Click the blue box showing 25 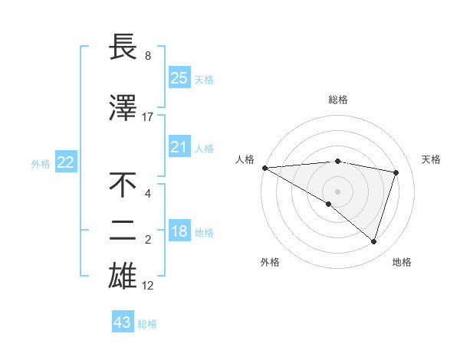[x=179, y=78]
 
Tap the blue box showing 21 [x=179, y=147]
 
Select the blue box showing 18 [x=179, y=232]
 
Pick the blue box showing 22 [x=65, y=162]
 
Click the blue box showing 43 [x=122, y=322]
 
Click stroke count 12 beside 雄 [x=148, y=286]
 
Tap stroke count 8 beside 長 [x=148, y=56]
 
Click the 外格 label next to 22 [x=41, y=163]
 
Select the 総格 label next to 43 [x=147, y=324]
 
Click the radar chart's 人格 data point [x=264, y=168]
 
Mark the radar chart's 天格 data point [x=396, y=172]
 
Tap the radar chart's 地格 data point [x=373, y=242]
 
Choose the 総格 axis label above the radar [x=338, y=100]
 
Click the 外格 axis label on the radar [x=270, y=262]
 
